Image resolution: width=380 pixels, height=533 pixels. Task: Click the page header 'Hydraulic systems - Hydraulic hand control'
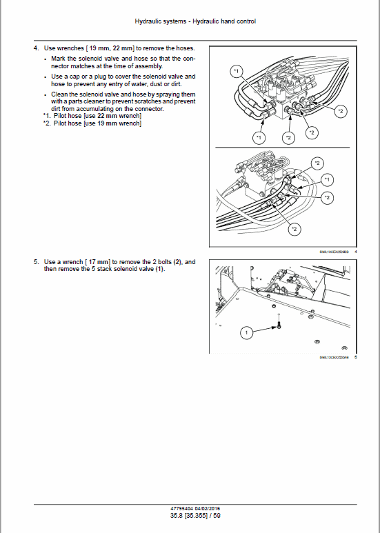click(195, 21)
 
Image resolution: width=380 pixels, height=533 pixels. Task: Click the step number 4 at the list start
click(35, 48)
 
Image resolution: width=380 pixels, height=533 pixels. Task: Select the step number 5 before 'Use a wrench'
click(35, 262)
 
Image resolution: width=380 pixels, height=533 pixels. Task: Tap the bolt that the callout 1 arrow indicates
click(279, 325)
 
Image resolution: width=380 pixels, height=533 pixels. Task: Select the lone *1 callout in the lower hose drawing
click(328, 180)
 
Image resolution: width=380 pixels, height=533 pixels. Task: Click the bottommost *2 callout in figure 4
click(294, 228)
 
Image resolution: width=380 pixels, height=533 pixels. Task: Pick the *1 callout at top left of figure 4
click(235, 71)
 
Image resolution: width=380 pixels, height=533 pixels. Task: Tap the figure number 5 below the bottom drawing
click(355, 358)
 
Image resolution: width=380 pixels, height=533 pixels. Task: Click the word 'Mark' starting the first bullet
click(59, 59)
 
